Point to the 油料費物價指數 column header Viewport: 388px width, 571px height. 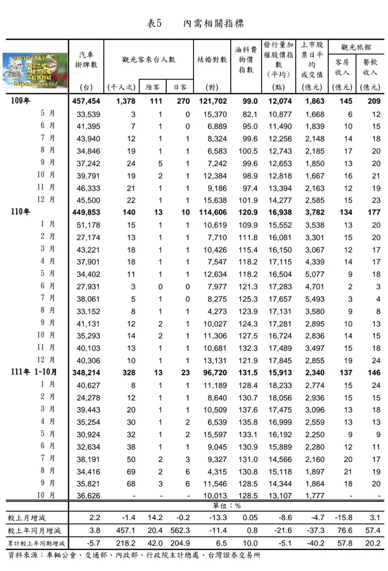246,60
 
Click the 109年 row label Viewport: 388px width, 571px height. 20,101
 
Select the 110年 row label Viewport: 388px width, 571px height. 20,212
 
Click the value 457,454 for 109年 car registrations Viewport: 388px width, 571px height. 85,101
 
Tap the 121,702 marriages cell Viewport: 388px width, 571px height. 212,101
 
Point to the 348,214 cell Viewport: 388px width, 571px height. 85,372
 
